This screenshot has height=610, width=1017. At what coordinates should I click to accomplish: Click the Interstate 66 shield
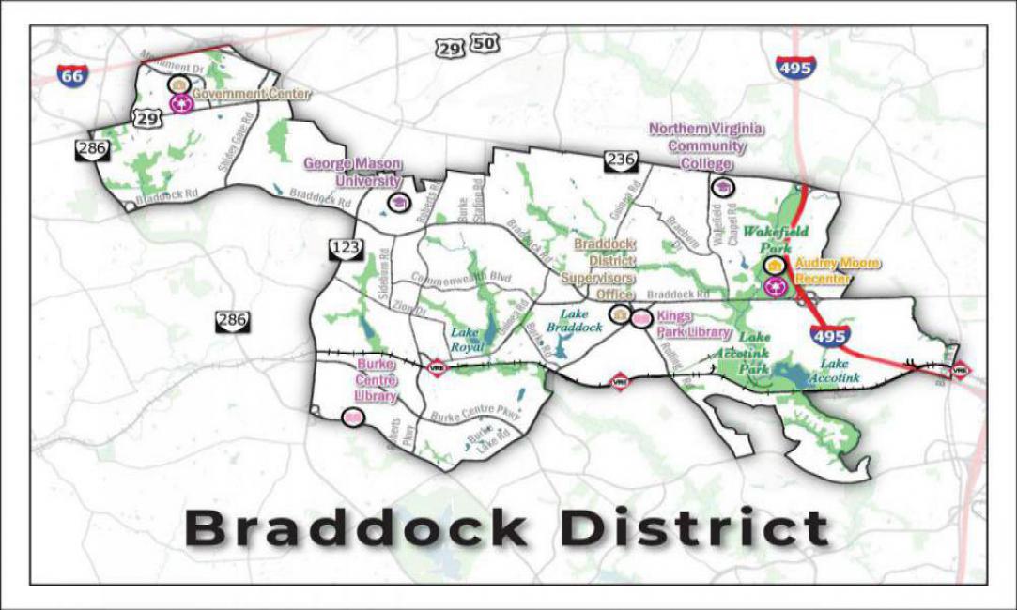point(72,75)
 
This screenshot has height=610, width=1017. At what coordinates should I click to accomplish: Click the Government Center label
point(252,94)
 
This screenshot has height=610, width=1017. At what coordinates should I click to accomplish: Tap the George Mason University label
point(352,172)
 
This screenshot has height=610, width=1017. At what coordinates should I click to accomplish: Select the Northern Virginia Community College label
point(706,145)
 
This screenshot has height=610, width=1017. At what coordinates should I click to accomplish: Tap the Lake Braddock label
point(579,321)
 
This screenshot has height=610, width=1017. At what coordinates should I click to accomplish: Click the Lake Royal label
point(466,338)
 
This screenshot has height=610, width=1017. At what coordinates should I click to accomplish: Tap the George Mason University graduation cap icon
point(397,203)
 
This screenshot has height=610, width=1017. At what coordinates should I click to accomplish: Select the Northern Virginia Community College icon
point(720,188)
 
